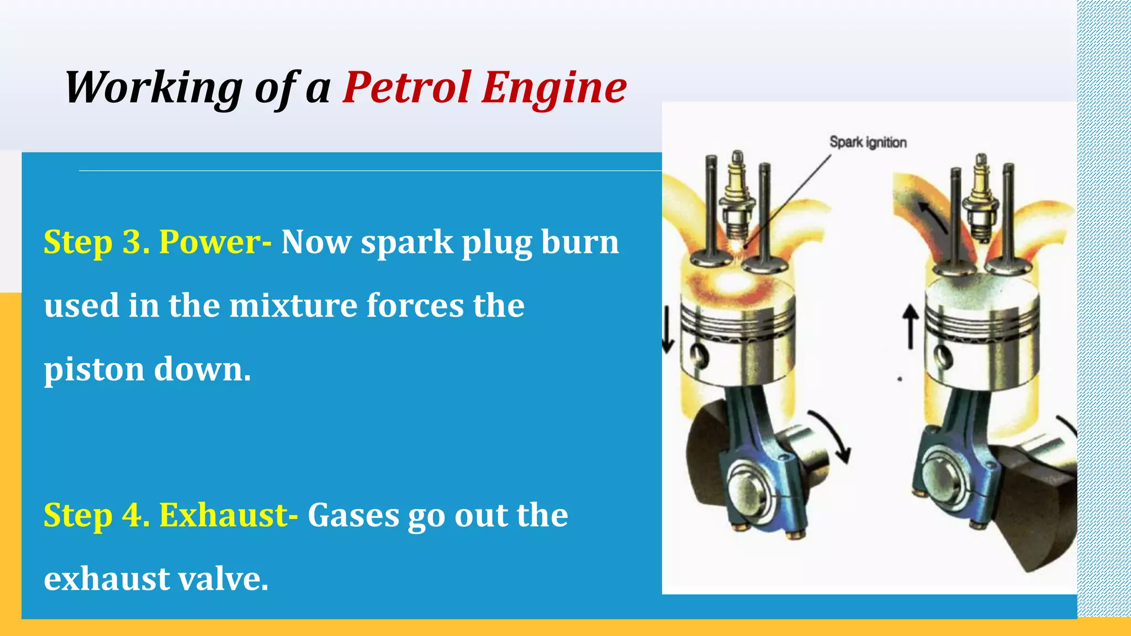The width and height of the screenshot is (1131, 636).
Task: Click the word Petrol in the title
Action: pos(406,87)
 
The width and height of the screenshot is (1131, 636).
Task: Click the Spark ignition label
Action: pos(868,142)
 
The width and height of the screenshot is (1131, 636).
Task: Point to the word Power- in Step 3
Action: pos(215,242)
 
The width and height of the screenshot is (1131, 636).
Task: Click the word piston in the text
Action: pos(93,370)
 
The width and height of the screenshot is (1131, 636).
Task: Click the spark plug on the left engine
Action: pos(737,199)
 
